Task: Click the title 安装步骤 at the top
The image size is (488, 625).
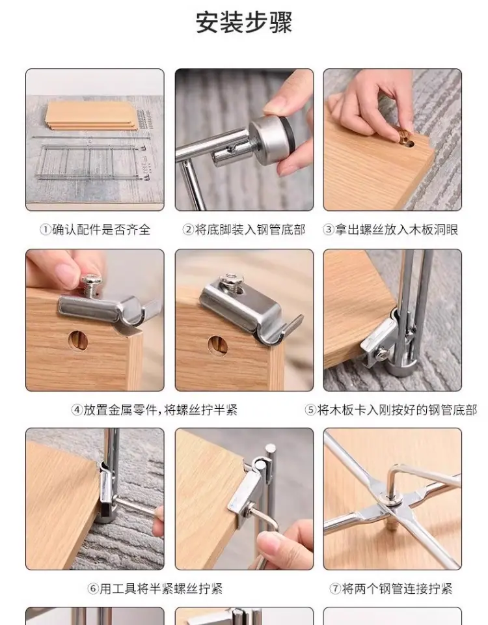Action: (244, 22)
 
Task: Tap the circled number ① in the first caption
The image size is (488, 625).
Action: (46, 230)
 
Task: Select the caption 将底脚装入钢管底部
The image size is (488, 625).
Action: (250, 230)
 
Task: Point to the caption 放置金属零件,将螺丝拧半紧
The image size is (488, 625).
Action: (161, 410)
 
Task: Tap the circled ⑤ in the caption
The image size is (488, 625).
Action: (311, 410)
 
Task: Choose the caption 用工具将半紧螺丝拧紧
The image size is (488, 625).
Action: (161, 589)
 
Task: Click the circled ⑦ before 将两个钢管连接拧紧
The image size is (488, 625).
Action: (336, 589)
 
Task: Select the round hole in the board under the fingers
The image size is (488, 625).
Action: (79, 340)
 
